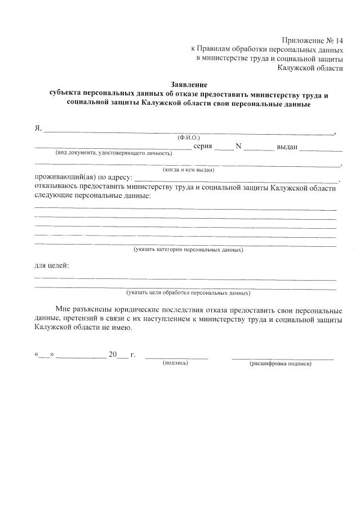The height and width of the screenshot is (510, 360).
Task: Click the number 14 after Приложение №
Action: point(338,41)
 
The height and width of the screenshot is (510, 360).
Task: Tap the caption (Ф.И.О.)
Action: point(189,137)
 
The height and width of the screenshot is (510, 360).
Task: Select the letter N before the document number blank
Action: point(238,147)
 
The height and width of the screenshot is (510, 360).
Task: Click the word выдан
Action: point(286,147)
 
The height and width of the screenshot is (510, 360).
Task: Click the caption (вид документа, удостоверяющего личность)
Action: point(113,153)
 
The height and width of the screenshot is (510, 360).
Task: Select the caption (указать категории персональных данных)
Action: point(188,249)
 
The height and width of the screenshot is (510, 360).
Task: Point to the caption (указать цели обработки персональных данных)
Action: point(188,293)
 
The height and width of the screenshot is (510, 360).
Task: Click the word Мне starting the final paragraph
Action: point(64,311)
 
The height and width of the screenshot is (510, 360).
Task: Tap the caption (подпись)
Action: point(175,363)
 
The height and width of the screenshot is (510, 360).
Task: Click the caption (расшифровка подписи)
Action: point(281,363)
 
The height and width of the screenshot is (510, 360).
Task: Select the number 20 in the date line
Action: point(113,354)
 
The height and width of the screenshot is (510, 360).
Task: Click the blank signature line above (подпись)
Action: point(176,357)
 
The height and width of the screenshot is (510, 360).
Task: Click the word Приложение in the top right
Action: point(302,41)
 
